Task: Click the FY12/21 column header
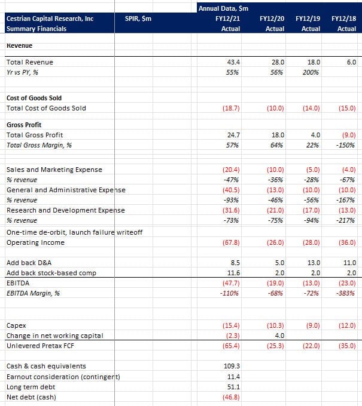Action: tap(227, 19)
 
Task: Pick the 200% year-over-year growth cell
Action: tap(311, 72)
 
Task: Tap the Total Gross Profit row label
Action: tap(34, 135)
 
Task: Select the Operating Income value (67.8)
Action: tap(230, 243)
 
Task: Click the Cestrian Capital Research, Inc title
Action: tap(49, 19)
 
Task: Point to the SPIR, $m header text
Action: tap(138, 19)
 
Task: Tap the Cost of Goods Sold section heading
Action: tap(34, 98)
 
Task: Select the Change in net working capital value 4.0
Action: tap(278, 336)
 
